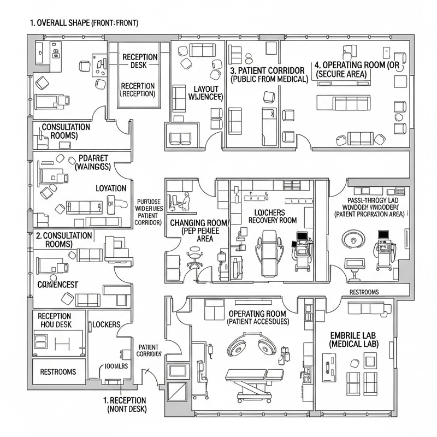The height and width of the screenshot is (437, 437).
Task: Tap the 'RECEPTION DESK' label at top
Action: (140, 61)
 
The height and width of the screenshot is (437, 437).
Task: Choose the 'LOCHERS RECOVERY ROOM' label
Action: (272, 215)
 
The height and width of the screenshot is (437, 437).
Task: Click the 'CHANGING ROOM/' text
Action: (200, 223)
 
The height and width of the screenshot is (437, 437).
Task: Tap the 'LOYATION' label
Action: (111, 188)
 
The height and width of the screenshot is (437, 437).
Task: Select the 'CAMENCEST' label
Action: (58, 285)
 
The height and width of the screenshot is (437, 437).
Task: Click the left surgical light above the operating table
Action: (239, 345)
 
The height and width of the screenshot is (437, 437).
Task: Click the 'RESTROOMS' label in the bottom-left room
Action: (58, 372)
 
